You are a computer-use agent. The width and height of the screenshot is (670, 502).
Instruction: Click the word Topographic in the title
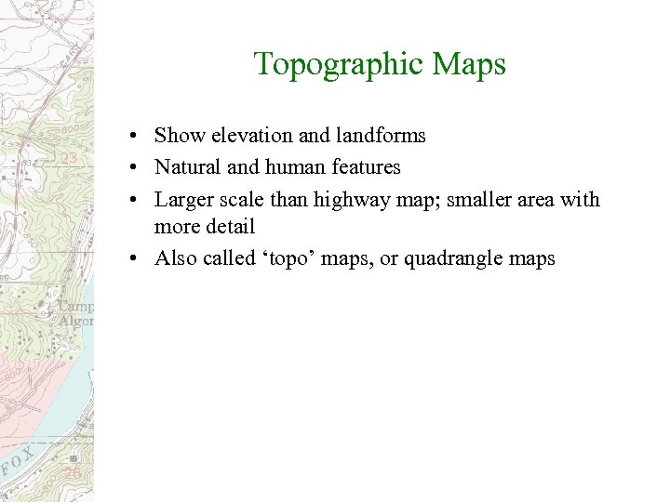click(x=333, y=64)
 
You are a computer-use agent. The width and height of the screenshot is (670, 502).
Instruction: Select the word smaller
click(x=470, y=199)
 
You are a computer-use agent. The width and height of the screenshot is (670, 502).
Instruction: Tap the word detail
click(x=232, y=226)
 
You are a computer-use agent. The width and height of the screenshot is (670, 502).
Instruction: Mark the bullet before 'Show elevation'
click(x=136, y=137)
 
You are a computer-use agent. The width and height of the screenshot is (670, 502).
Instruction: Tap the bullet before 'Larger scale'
click(x=136, y=200)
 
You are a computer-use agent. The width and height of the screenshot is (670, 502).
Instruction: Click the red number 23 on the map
click(x=69, y=159)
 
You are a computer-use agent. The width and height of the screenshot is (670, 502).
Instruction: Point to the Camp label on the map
click(x=76, y=306)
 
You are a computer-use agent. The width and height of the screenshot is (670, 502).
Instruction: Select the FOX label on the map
click(x=19, y=461)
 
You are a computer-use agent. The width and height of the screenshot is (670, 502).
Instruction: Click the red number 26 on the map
click(x=74, y=473)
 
